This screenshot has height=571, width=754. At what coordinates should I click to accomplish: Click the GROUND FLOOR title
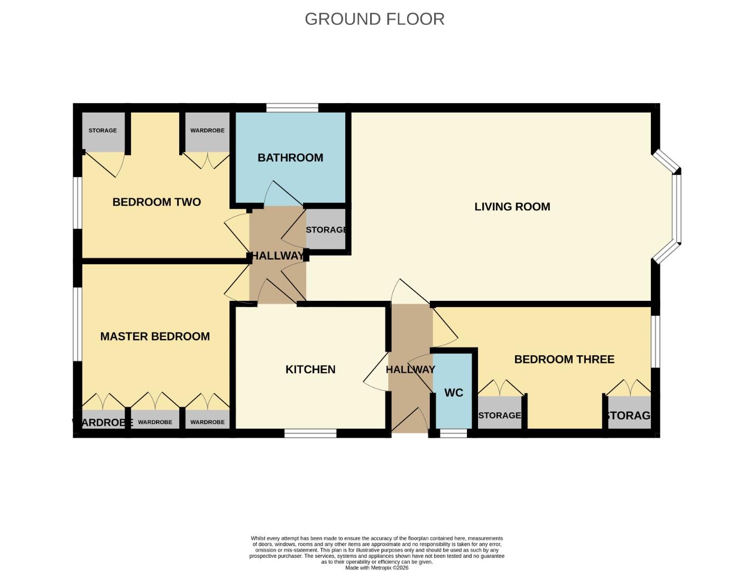(x=374, y=19)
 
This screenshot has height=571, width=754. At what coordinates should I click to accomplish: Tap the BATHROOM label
(x=290, y=158)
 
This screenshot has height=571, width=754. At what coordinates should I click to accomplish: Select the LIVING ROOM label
(x=512, y=207)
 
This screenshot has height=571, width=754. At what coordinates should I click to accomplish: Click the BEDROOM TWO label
(x=157, y=202)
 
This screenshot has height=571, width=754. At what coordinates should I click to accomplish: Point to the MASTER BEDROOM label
(x=155, y=336)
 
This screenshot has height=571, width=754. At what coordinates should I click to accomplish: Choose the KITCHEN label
(x=310, y=370)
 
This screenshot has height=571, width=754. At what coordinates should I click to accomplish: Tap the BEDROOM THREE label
(x=564, y=360)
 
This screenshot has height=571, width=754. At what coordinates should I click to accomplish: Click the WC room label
(x=454, y=393)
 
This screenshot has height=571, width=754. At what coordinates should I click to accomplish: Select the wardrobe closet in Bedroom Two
(x=207, y=131)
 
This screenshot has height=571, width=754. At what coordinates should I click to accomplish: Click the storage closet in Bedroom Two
(x=103, y=131)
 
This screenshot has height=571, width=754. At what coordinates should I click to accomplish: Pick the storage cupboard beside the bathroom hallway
(x=326, y=229)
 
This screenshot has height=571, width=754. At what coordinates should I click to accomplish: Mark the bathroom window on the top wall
(x=292, y=108)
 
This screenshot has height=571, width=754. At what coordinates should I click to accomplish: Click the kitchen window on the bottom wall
(x=310, y=434)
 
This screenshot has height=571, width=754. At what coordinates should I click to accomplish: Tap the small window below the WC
(x=454, y=434)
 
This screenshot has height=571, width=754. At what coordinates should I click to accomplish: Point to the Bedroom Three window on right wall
(x=656, y=341)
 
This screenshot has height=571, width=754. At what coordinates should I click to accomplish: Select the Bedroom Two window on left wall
(x=77, y=202)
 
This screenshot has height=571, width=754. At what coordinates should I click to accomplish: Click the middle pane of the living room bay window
(x=676, y=208)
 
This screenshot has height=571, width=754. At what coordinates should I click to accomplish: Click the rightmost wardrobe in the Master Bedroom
(x=207, y=421)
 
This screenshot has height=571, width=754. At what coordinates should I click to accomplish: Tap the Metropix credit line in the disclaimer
(x=376, y=568)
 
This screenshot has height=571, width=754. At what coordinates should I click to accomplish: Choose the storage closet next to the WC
(x=500, y=415)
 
